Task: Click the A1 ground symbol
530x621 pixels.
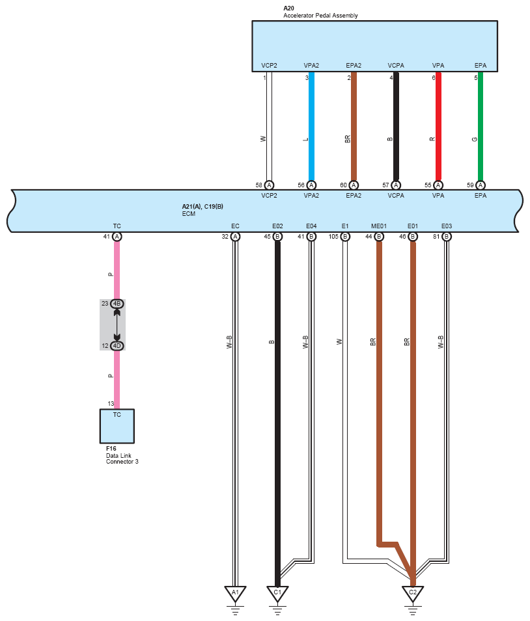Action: pos(235,593)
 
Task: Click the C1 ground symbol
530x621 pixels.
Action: pos(277,593)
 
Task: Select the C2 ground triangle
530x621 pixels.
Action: pos(412,593)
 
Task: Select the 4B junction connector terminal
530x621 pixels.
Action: pos(117,304)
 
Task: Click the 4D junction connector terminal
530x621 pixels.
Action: pos(117,345)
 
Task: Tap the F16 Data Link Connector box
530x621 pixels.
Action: pos(117,425)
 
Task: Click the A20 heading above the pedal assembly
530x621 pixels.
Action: pos(288,8)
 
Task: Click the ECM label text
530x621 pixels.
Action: pos(188,213)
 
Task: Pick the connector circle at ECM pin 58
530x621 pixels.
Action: pos(269,185)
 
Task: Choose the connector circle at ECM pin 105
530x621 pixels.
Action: pos(345,237)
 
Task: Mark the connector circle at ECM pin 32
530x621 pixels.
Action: pos(235,237)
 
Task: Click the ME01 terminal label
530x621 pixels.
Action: pos(379,226)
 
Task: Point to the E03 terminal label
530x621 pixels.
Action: pos(446,226)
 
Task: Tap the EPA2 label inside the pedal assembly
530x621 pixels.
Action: pos(354,66)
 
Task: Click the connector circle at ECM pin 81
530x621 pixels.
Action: pos(447,237)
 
